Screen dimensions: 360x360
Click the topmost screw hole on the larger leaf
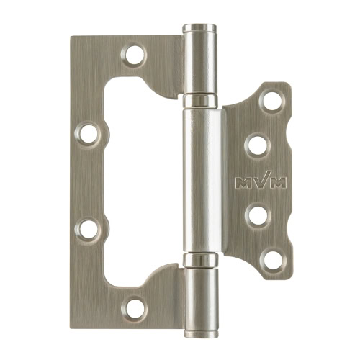(x=135, y=55)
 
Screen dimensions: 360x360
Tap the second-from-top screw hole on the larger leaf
(x=88, y=135)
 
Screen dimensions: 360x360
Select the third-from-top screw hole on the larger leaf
(x=88, y=229)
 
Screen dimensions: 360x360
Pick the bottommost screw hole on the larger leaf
(x=135, y=308)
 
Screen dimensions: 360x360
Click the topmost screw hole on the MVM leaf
(x=272, y=101)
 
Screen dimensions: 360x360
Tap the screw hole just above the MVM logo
(x=258, y=145)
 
